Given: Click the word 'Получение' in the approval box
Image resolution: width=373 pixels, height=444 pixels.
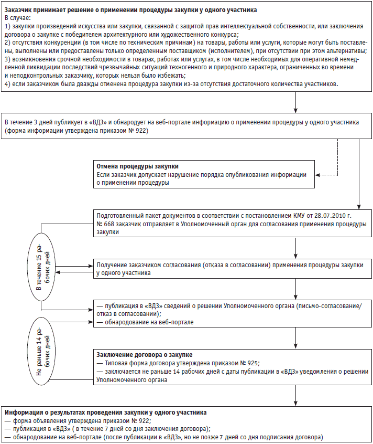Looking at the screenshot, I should [x=113, y=266].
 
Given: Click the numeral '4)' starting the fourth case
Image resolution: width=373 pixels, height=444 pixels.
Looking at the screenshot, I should [x=7, y=84].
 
